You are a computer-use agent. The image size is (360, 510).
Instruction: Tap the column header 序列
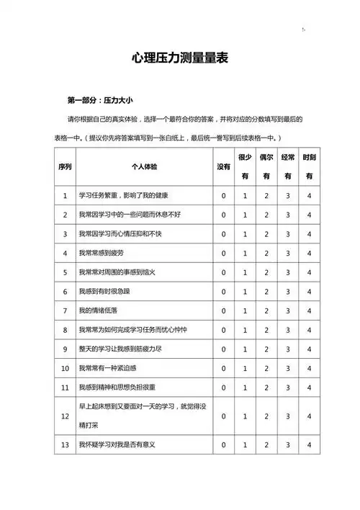coord(65,166)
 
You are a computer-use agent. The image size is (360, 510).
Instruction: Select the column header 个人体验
coord(144,166)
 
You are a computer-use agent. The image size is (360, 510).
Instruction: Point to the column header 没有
coord(223,166)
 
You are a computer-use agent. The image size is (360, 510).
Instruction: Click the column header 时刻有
coord(309,166)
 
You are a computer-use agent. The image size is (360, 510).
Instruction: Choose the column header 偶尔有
coord(266,166)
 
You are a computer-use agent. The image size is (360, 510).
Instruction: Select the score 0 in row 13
coord(223,445)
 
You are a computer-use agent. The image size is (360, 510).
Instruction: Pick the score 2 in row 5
coord(266,272)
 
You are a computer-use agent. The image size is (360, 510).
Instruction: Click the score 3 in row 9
coord(287,349)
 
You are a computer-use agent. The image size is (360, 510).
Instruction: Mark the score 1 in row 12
coord(245,416)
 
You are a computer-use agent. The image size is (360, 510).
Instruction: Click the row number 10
coord(65,368)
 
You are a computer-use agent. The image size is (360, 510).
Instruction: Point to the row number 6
coord(65,291)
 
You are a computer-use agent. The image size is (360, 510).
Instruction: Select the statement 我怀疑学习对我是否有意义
coord(117,445)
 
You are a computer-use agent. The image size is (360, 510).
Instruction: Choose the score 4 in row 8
coord(309,330)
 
